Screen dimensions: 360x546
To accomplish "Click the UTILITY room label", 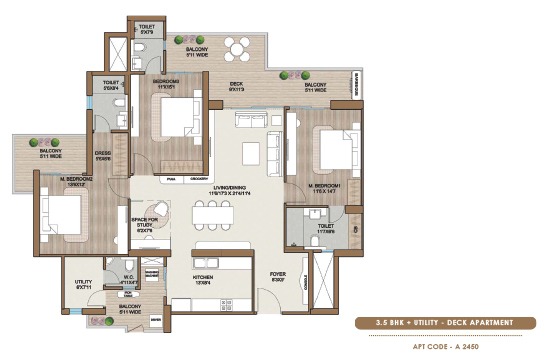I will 84,284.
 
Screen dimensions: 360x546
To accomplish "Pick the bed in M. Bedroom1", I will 330,151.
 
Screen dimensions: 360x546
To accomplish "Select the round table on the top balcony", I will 237,48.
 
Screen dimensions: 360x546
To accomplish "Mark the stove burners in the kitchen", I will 234,301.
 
